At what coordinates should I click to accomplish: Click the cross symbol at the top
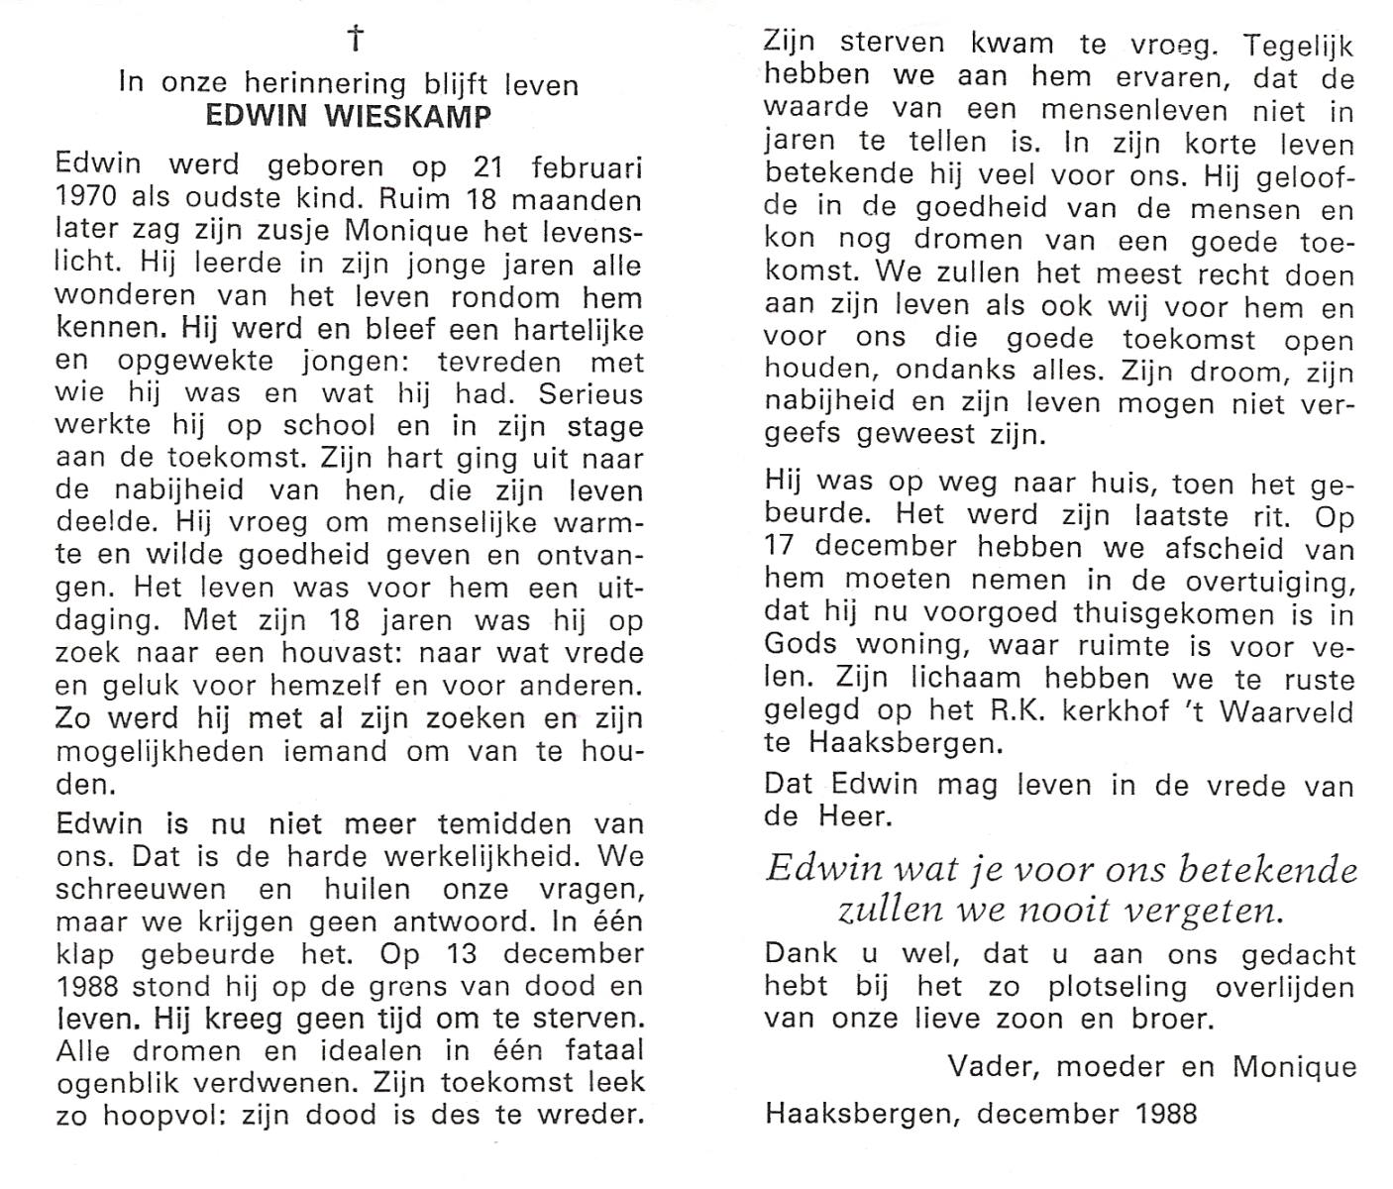(x=355, y=40)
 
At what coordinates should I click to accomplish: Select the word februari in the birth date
(x=587, y=167)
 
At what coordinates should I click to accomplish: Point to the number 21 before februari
(x=487, y=167)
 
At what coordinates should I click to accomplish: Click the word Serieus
(x=591, y=394)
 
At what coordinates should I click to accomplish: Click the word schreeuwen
(x=141, y=890)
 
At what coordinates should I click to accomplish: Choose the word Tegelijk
(x=1298, y=46)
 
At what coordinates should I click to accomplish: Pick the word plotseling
(x=1089, y=987)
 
